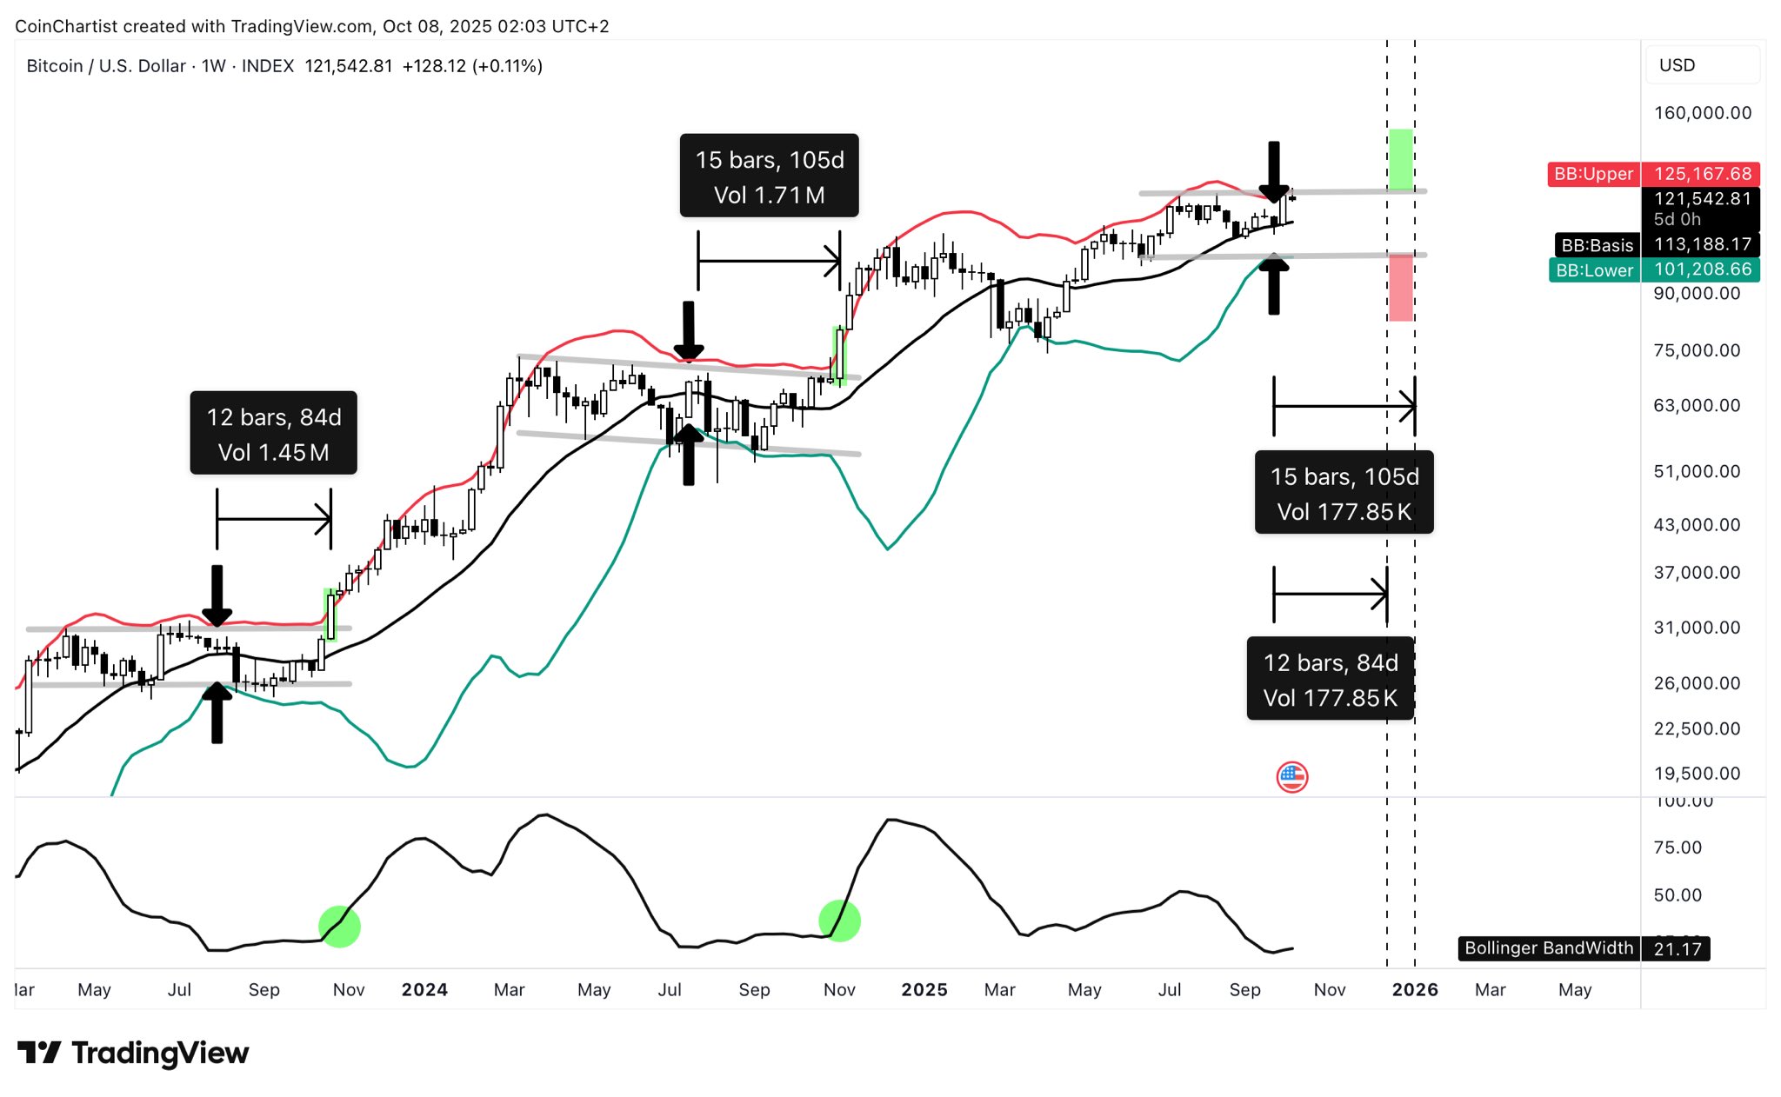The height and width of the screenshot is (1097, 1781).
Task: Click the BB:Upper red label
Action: pos(1593,174)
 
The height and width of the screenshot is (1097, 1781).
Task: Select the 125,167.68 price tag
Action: pos(1702,174)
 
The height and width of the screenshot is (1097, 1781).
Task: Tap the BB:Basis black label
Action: pos(1597,245)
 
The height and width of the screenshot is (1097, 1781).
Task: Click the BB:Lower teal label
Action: pos(1594,270)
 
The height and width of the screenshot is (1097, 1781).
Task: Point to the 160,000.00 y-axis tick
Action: pos(1702,113)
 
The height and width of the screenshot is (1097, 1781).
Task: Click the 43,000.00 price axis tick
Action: pos(1697,525)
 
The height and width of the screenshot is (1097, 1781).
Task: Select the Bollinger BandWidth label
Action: pos(1548,948)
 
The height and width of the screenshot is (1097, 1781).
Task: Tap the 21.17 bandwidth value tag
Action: pos(1677,949)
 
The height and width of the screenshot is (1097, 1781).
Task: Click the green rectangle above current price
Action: pos(1400,159)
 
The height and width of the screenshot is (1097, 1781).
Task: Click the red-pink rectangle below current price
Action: pos(1400,288)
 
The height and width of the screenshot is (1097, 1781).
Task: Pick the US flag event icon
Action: pos(1291,777)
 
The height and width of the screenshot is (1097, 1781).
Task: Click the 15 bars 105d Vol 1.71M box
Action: pos(769,176)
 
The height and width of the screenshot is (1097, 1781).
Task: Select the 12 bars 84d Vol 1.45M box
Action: pos(273,434)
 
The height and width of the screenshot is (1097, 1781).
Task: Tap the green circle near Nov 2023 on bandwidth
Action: pos(339,927)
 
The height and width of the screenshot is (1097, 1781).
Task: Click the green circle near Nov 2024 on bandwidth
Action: pos(839,920)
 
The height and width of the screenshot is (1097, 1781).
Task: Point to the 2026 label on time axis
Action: pos(1414,990)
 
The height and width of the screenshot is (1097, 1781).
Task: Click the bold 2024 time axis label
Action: pos(424,990)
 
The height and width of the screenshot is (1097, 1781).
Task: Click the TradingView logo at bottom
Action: pos(133,1053)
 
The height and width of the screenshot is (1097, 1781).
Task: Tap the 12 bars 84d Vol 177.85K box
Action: pos(1330,680)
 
